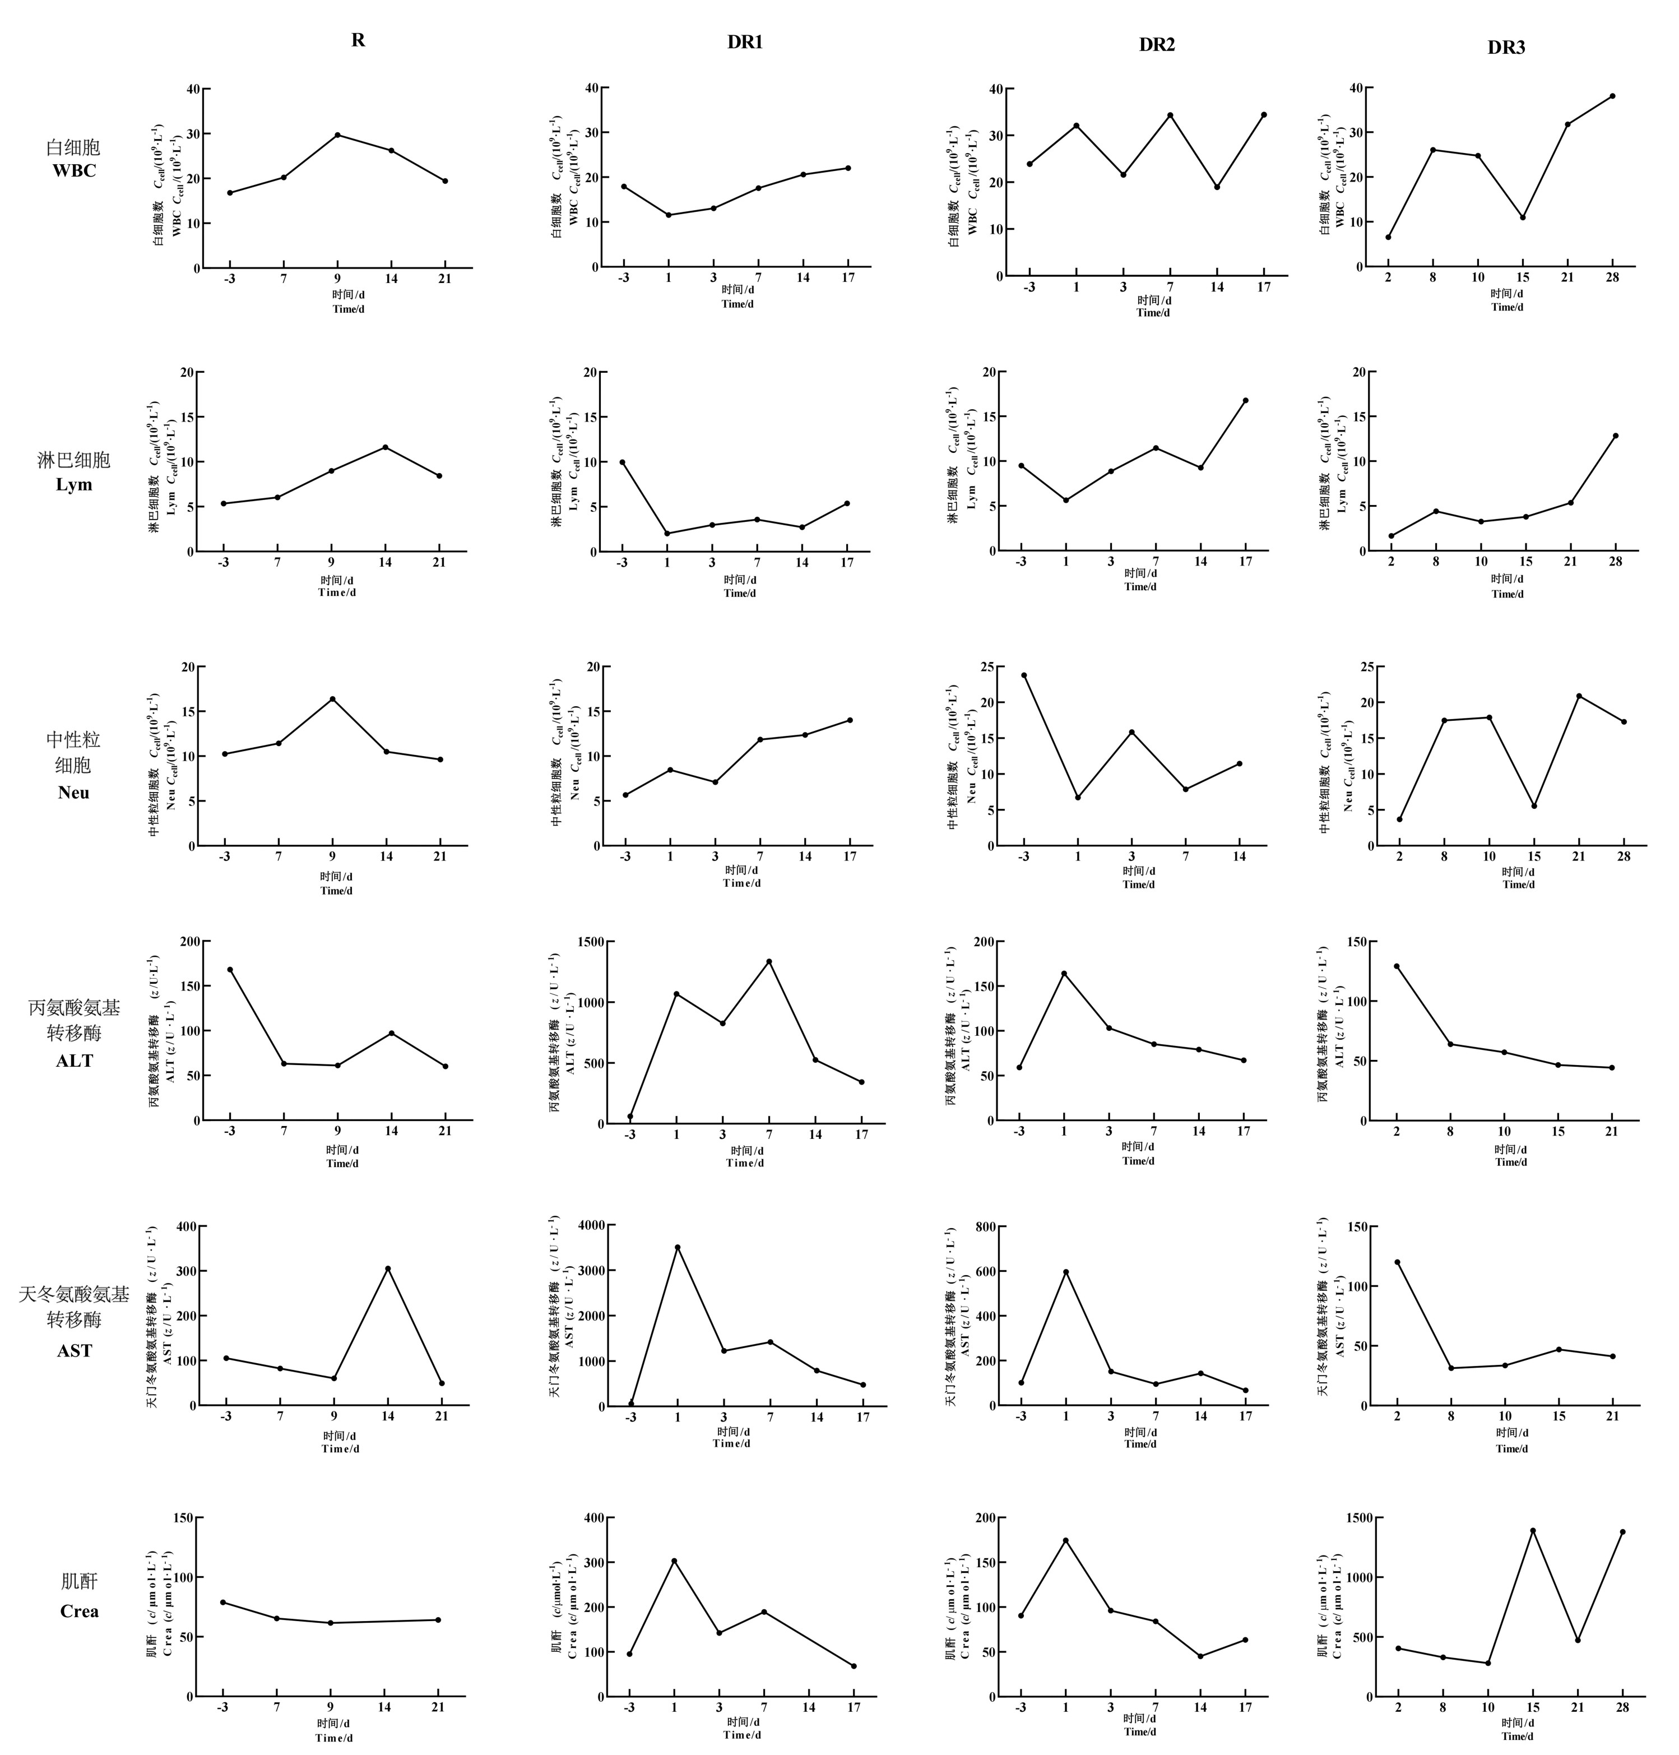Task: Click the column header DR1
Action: (x=745, y=42)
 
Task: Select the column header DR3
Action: (x=1506, y=48)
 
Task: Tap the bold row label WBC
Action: (x=75, y=170)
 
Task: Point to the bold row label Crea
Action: (x=79, y=1611)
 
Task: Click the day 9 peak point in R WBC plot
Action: (x=337, y=135)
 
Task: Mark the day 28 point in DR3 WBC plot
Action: (x=1612, y=96)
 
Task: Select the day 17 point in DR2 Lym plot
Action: (x=1245, y=400)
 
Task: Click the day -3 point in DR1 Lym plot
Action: (x=622, y=462)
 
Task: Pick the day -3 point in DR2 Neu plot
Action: (x=1024, y=675)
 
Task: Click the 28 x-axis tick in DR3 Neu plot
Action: (x=1625, y=856)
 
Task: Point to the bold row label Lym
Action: (x=75, y=484)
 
